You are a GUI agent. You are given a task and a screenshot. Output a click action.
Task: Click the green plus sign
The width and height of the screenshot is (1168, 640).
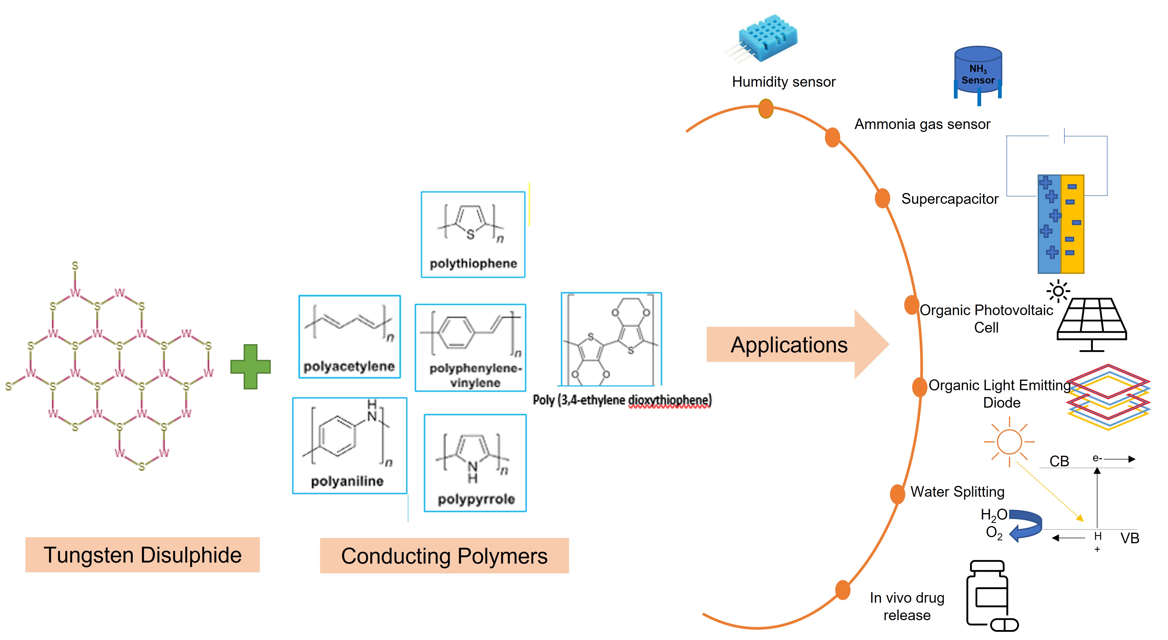click(x=250, y=366)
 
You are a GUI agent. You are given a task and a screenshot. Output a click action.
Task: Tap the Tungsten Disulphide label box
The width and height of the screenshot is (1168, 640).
click(x=142, y=555)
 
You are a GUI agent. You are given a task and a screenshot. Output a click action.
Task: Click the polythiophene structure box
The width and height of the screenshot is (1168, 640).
click(x=473, y=234)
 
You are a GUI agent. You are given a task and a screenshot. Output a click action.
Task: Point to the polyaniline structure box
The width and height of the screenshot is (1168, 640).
click(x=350, y=445)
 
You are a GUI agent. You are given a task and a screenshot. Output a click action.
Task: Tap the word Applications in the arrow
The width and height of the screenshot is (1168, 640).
click(x=789, y=345)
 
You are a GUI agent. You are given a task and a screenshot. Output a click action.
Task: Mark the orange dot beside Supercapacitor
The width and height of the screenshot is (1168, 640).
click(x=882, y=198)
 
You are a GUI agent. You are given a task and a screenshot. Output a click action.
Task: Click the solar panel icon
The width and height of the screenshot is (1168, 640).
click(x=1092, y=323)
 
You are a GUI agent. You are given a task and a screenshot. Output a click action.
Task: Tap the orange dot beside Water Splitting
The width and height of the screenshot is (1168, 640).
click(x=897, y=494)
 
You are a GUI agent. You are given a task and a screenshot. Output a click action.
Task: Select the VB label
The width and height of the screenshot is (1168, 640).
click(x=1129, y=538)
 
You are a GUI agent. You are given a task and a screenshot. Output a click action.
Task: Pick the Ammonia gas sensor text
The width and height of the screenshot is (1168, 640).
click(x=922, y=124)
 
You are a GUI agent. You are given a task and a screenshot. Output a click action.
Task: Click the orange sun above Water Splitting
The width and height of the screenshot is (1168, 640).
click(x=1009, y=442)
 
